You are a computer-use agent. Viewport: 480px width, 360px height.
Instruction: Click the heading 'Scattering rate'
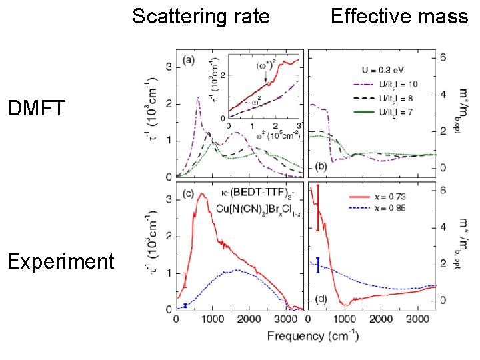pyautogui.click(x=201, y=16)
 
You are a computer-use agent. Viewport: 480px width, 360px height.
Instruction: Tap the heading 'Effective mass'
pyautogui.click(x=399, y=16)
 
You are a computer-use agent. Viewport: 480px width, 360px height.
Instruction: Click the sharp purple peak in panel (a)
pyautogui.click(x=198, y=98)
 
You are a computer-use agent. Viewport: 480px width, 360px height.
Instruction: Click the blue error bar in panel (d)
pyautogui.click(x=318, y=265)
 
